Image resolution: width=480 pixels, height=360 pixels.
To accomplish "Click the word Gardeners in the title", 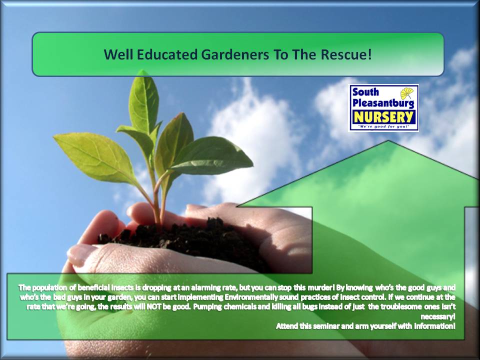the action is (235, 55).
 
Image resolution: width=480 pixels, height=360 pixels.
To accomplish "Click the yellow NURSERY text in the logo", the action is (383, 117).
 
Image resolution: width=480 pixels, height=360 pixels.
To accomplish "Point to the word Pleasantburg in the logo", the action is (383, 103).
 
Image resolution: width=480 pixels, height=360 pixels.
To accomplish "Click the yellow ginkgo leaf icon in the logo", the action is (407, 93).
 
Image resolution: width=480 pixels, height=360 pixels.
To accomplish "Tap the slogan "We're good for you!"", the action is (383, 126).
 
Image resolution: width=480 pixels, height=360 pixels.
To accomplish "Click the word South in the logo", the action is (365, 92).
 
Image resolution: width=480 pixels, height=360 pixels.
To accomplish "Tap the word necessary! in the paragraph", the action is (438, 316).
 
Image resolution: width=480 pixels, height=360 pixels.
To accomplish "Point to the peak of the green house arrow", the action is (388, 141).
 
